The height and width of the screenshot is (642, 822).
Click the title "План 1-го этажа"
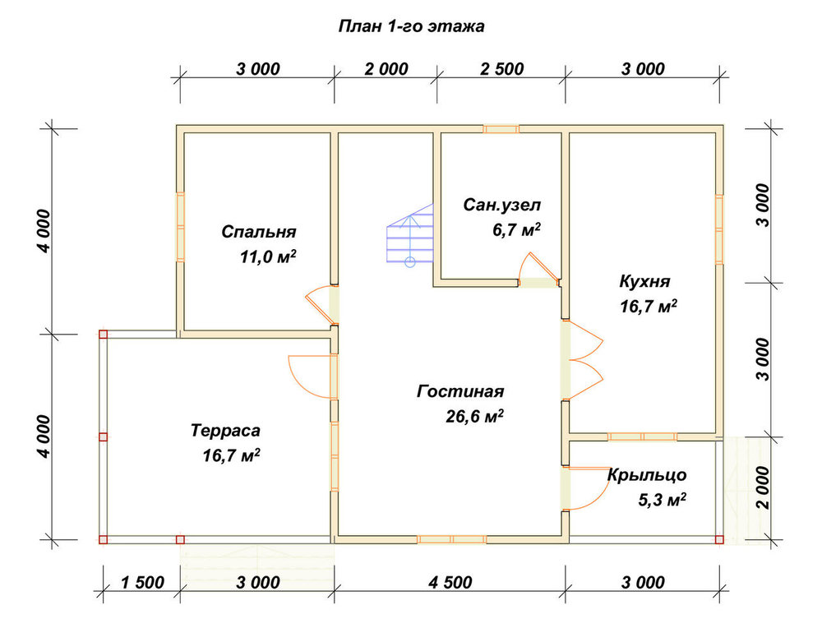click(x=412, y=26)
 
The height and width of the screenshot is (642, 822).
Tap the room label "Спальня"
click(x=258, y=231)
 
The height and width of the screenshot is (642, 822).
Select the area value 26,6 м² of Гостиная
click(x=474, y=416)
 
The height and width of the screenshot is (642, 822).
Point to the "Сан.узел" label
click(x=501, y=205)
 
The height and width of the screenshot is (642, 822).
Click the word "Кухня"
click(x=644, y=281)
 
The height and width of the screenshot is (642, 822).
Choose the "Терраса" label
click(x=225, y=431)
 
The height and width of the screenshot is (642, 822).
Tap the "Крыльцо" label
click(x=647, y=475)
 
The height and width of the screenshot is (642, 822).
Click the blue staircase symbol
click(x=410, y=235)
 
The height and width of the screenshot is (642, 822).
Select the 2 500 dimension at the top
click(x=501, y=69)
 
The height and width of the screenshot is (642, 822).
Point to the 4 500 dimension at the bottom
click(x=450, y=582)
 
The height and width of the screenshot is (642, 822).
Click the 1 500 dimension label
click(x=142, y=582)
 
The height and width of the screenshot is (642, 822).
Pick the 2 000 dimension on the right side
click(x=764, y=488)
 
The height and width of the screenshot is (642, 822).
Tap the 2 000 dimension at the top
click(x=386, y=69)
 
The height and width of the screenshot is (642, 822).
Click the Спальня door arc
click(x=319, y=305)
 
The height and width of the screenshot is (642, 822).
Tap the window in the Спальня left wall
click(x=180, y=227)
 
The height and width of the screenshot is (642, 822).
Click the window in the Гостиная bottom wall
click(x=451, y=539)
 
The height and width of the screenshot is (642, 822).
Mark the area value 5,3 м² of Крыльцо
click(x=662, y=500)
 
